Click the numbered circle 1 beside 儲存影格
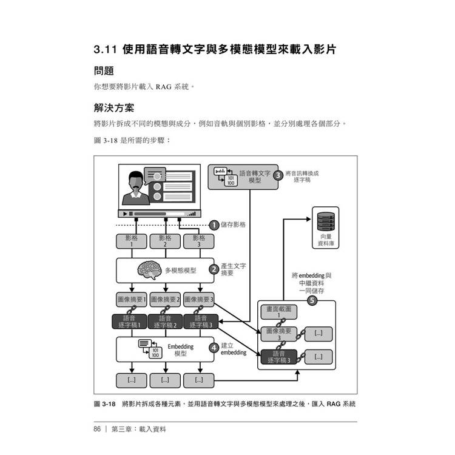[x=214, y=225]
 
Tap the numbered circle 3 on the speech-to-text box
[x=278, y=175]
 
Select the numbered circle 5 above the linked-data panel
[x=312, y=300]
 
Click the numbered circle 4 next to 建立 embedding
[x=214, y=348]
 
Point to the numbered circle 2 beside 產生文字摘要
[x=214, y=269]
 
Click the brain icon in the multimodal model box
[x=149, y=270]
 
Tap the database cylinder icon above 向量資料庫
[x=326, y=221]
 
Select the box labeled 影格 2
[x=165, y=241]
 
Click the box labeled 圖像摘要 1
[x=132, y=300]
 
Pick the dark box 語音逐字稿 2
[x=165, y=322]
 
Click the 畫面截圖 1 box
[x=279, y=312]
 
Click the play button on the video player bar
[x=125, y=214]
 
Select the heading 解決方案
[x=114, y=107]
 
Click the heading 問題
[x=104, y=71]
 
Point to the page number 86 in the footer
[x=97, y=429]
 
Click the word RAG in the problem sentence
[x=164, y=87]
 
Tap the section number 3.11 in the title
[x=106, y=49]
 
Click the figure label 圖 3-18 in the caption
[x=105, y=404]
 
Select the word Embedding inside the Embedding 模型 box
[x=181, y=346]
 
